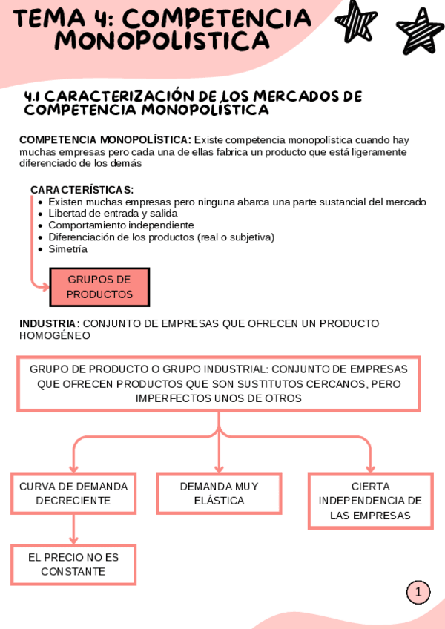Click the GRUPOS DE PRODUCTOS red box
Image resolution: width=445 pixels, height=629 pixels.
coord(99,287)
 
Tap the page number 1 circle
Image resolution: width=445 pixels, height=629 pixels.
coord(418,592)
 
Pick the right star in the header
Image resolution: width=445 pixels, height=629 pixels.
coord(420,31)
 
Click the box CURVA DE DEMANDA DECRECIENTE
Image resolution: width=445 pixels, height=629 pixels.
coord(73,493)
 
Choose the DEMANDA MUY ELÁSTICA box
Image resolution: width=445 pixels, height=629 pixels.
coord(219,493)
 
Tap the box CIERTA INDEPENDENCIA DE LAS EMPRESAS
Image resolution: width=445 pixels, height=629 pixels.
coord(370,501)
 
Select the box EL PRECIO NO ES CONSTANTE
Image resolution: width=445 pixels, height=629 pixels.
coord(73,564)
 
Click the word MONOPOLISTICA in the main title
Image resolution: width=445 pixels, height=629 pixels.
coord(151,42)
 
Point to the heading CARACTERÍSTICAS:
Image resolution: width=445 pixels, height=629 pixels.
coord(82,190)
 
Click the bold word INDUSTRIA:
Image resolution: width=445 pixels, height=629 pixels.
coord(50,323)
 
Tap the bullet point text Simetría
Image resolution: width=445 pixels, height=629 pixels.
coord(68,249)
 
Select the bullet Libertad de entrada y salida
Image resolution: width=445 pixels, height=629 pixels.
coord(113,214)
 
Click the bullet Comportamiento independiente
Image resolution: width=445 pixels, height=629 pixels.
coord(122,225)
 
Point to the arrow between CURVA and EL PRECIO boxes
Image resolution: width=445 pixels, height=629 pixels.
coord(73,529)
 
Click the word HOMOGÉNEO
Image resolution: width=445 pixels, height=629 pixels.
coord(55,335)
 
